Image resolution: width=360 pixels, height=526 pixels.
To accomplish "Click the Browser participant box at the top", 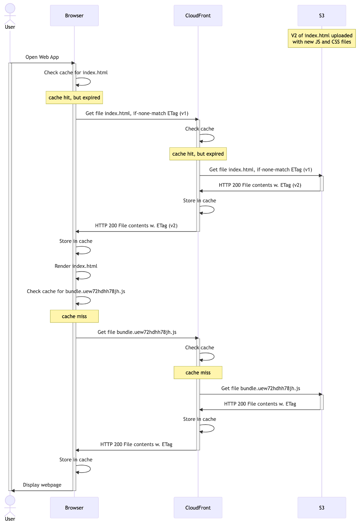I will (x=74, y=16).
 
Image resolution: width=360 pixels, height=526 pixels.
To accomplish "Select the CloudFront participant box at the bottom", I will (x=198, y=508).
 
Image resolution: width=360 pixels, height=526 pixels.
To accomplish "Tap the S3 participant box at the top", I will (x=321, y=16).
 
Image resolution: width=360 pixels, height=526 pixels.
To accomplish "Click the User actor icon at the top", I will (x=10, y=13).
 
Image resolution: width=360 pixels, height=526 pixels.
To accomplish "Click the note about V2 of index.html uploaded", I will (x=321, y=39).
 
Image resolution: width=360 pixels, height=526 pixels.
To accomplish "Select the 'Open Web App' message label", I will (x=42, y=57).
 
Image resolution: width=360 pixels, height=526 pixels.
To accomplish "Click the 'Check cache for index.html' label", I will (x=76, y=73).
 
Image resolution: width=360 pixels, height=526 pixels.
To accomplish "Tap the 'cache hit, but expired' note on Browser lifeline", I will (x=74, y=98).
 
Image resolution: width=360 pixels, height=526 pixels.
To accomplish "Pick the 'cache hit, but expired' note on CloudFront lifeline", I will (x=198, y=154).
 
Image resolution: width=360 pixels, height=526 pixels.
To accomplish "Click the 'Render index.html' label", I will (x=76, y=266).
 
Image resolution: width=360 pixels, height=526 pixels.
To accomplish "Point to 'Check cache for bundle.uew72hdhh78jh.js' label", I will (x=76, y=291).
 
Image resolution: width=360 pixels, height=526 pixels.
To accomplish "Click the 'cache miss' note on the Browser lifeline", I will (x=74, y=316).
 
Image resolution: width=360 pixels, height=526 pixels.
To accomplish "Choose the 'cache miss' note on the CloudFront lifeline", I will (x=198, y=373).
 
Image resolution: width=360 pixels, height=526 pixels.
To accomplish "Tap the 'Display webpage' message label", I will (x=42, y=485).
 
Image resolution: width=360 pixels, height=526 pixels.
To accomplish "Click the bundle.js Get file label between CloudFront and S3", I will (x=261, y=389).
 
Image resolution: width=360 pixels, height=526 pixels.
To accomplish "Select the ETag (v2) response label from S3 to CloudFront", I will (x=260, y=185).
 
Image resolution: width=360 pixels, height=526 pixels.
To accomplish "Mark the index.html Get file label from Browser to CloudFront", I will (x=137, y=114).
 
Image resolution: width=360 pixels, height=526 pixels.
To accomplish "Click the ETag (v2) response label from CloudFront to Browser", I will (x=136, y=226).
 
